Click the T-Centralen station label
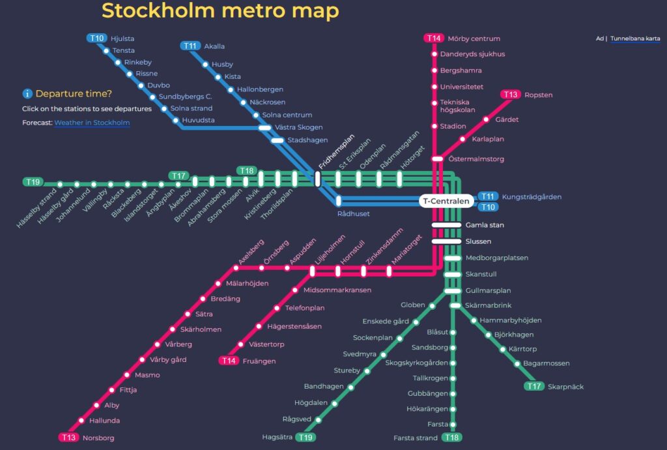[446, 202]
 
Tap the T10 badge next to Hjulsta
[96, 38]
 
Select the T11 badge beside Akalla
[190, 46]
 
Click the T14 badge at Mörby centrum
[434, 38]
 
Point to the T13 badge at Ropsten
[511, 95]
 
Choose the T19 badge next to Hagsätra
[305, 437]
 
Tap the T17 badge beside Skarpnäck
[534, 387]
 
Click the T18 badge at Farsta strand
[451, 438]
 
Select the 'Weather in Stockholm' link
[92, 123]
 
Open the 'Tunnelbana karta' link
[635, 38]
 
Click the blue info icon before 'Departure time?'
[27, 94]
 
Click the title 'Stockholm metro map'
[220, 11]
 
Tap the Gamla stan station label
[485, 225]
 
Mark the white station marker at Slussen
[446, 241]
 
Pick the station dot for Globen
[431, 305]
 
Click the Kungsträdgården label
[532, 197]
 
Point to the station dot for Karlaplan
[463, 139]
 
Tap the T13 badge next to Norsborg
[68, 438]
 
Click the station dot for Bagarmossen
[517, 363]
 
